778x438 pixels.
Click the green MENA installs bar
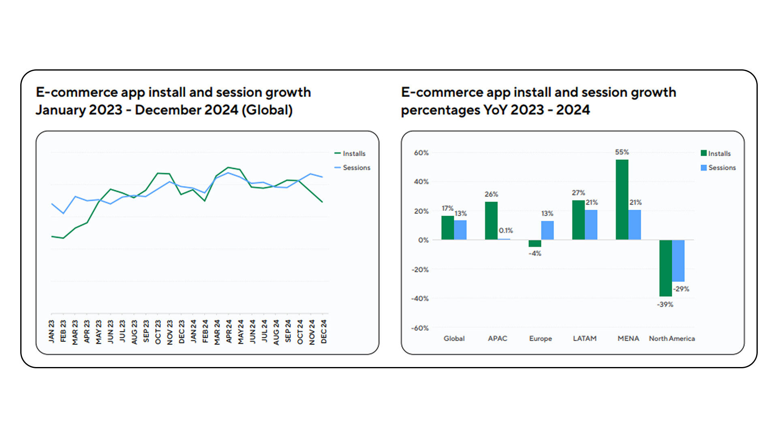(x=622, y=200)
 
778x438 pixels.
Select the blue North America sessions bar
(x=678, y=260)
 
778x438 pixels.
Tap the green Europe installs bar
(x=535, y=243)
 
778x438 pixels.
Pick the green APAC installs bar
(x=491, y=221)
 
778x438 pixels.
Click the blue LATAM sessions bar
(x=591, y=225)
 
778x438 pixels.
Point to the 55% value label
(x=622, y=152)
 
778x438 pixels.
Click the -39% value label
(x=665, y=305)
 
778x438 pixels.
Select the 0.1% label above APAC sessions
(x=506, y=230)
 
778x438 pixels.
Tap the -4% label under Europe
(x=535, y=253)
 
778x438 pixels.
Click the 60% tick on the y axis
(x=421, y=153)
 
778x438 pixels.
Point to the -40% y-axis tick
(x=420, y=298)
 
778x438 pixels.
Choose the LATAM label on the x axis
(x=584, y=338)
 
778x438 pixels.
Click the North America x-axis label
(x=672, y=338)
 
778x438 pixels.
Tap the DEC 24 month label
(x=324, y=331)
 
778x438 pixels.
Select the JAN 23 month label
(x=51, y=331)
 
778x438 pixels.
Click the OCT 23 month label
(x=158, y=331)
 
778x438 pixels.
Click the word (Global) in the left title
(x=267, y=110)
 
